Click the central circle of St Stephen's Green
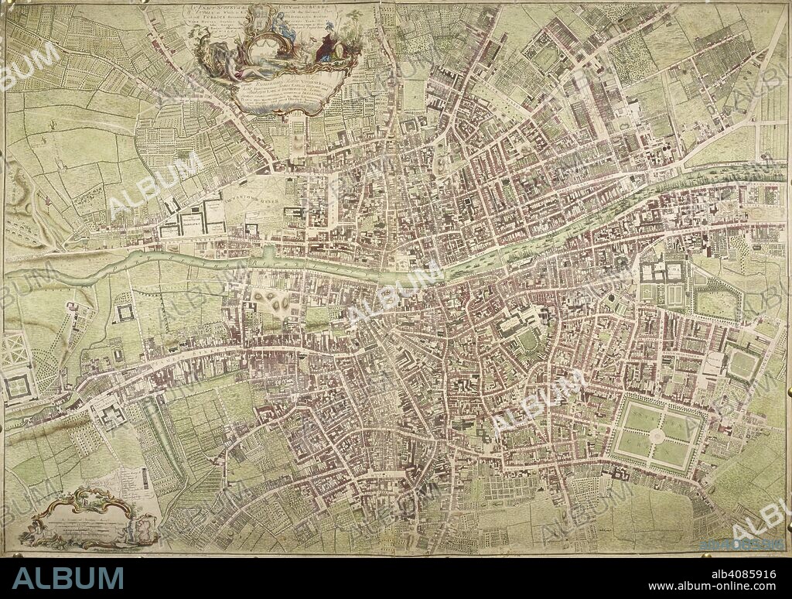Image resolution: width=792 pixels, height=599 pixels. point(657,436)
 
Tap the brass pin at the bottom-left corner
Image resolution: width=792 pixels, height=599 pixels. point(7,551)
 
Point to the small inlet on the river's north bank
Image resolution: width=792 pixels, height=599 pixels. point(267,252)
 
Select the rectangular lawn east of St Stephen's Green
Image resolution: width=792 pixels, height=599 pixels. point(742,365)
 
